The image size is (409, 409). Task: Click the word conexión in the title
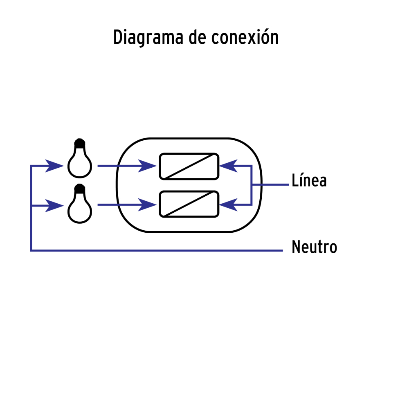click(x=245, y=38)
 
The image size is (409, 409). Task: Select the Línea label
click(x=309, y=181)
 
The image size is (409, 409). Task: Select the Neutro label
click(x=314, y=247)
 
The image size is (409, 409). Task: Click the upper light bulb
click(x=80, y=162)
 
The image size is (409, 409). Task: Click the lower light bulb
click(x=80, y=207)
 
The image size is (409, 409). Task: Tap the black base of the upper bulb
click(x=80, y=144)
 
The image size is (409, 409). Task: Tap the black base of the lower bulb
click(x=80, y=189)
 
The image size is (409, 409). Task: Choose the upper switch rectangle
click(x=189, y=166)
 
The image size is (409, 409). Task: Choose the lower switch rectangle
click(x=189, y=204)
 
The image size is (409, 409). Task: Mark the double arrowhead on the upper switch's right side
click(x=229, y=166)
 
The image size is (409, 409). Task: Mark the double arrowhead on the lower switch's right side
click(x=229, y=204)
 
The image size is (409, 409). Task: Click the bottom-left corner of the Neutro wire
click(x=31, y=250)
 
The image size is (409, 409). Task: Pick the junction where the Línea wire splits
click(x=251, y=185)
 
